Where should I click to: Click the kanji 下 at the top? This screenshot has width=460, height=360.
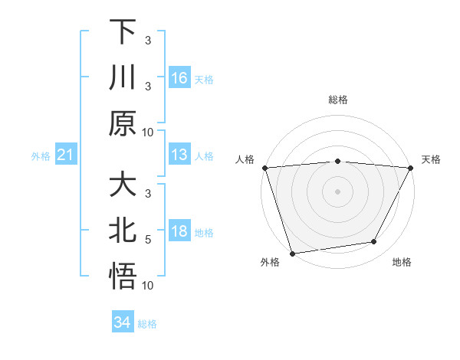click(123, 32)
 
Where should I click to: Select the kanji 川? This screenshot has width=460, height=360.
click(123, 77)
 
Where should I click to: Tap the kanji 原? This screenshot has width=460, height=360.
click(123, 123)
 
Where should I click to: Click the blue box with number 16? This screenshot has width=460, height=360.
click(179, 78)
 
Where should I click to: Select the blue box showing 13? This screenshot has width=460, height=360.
click(179, 155)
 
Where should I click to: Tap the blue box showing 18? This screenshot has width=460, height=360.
click(179, 232)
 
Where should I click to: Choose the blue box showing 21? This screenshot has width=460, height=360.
click(66, 155)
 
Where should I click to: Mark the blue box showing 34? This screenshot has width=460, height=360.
click(123, 323)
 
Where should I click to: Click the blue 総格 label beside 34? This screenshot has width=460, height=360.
click(147, 324)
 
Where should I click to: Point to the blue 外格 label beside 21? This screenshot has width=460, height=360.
click(41, 156)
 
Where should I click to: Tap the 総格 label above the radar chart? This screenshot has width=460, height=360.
click(337, 100)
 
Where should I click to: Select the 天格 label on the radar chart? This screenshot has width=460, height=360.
click(431, 159)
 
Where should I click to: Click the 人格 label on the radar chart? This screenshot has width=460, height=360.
click(245, 159)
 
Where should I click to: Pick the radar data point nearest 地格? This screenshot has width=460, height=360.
click(374, 242)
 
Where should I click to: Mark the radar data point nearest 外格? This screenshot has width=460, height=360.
click(292, 253)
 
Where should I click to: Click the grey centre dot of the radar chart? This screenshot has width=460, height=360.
click(337, 191)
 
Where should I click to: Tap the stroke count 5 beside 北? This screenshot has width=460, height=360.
click(148, 239)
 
